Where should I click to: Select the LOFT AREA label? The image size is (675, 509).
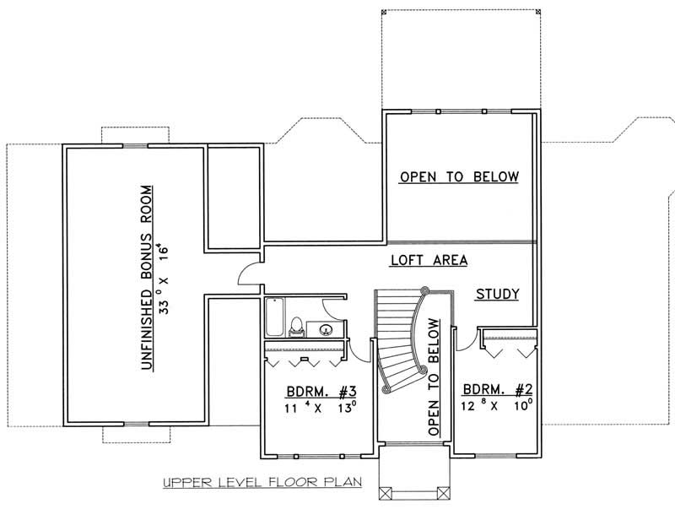(429, 261)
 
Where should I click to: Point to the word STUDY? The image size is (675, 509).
(496, 295)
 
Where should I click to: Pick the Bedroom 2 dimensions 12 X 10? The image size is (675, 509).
(497, 405)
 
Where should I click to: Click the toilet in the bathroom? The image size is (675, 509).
(296, 324)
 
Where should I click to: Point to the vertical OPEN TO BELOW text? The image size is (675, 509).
(435, 376)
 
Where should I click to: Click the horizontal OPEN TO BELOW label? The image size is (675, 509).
(458, 177)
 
